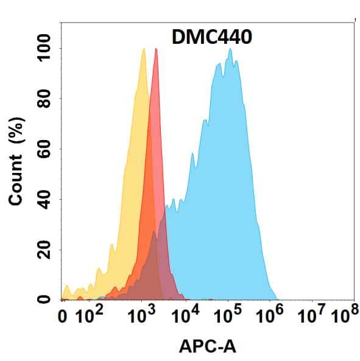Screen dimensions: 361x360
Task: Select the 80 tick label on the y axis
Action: pos(44,99)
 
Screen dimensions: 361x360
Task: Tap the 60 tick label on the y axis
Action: pos(44,149)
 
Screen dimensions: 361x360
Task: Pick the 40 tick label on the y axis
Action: pos(44,200)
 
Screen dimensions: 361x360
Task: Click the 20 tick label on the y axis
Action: pos(44,250)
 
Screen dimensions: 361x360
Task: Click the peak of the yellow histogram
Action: pos(143,49)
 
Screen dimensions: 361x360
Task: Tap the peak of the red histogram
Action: pos(156,49)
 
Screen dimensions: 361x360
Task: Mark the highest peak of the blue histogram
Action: pos(230,49)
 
